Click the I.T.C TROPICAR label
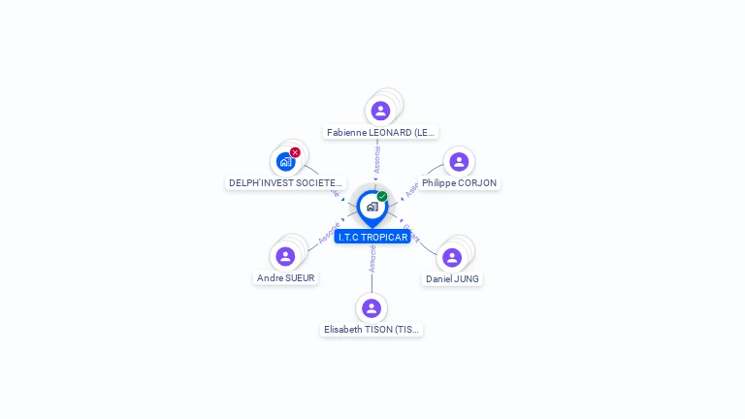372,237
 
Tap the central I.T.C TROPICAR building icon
372,206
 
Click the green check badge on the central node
382,196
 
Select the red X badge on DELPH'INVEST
295,152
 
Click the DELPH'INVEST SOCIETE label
285,182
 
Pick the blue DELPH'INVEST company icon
285,162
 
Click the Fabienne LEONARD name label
381,132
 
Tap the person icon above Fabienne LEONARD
380,111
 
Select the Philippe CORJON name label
459,182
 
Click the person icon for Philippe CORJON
459,162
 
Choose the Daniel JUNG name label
452,278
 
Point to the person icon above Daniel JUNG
452,257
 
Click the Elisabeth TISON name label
372,329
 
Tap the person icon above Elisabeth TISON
372,308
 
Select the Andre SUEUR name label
286,277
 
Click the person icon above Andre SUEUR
285,256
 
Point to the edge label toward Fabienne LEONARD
377,159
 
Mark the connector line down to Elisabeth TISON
372,281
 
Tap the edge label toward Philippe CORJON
411,190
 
